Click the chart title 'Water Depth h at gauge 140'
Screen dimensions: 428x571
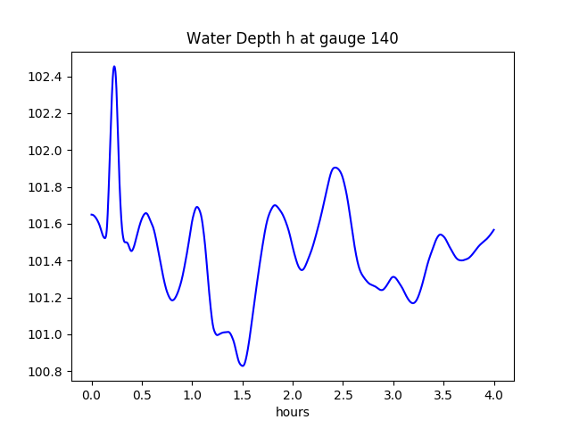292,39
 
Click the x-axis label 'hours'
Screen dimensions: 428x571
292,413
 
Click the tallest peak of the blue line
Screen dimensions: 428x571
114,66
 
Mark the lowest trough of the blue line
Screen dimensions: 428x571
242,366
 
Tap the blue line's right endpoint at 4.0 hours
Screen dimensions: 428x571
493,229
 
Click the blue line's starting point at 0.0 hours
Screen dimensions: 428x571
92,215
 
